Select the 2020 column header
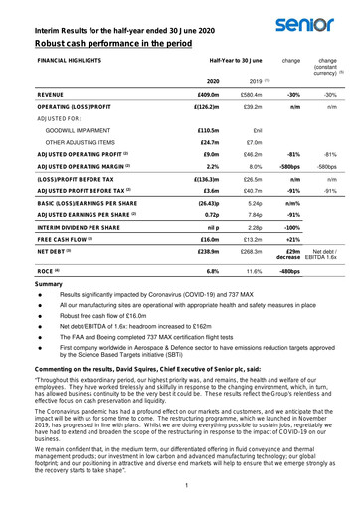(x=212, y=81)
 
